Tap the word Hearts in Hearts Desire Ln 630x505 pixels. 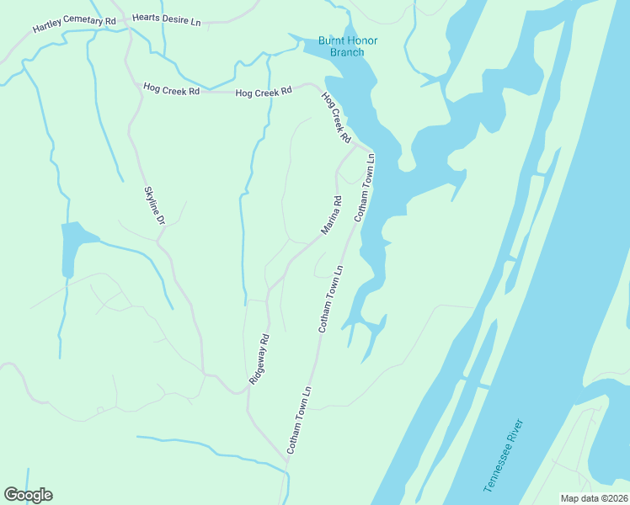(148, 18)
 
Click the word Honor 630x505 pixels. (363, 40)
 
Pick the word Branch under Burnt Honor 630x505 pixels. (347, 52)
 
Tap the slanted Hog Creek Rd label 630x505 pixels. (335, 116)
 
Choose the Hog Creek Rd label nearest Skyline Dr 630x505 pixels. (171, 88)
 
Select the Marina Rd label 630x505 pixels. (331, 215)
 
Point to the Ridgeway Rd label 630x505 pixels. (259, 359)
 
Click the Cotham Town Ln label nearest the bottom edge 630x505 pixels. (299, 421)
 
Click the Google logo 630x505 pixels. (28, 495)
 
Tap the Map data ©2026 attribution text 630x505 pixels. (594, 498)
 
